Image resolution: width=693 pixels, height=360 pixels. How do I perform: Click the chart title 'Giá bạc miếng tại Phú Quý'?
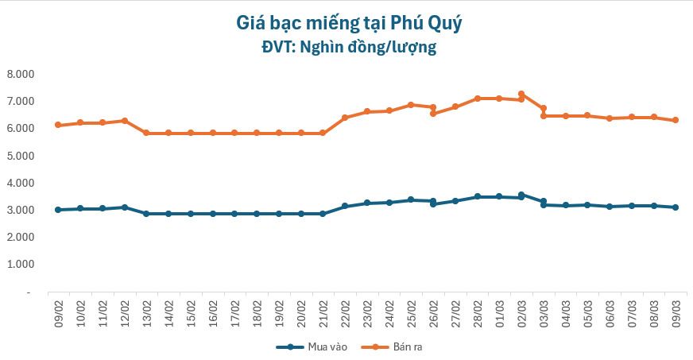pos(349,22)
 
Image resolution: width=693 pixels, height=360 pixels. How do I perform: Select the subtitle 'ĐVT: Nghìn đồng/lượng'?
pos(349,48)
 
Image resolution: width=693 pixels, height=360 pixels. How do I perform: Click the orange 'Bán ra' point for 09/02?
pos(58,125)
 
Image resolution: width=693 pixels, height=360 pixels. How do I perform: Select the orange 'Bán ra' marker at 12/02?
pos(125,121)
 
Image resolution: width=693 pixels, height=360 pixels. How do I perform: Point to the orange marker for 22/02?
pos(345,118)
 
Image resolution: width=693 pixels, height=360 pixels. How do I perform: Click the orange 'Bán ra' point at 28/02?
pos(477,99)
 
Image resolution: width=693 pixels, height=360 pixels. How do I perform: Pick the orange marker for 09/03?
pos(676,120)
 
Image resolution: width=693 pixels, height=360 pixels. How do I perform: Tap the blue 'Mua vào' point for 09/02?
pos(58,210)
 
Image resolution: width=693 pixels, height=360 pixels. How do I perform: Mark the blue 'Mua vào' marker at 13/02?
pos(146,214)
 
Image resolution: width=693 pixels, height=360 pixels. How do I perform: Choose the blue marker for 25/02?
pos(411,199)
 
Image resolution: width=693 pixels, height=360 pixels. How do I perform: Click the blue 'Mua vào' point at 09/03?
pos(676,207)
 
